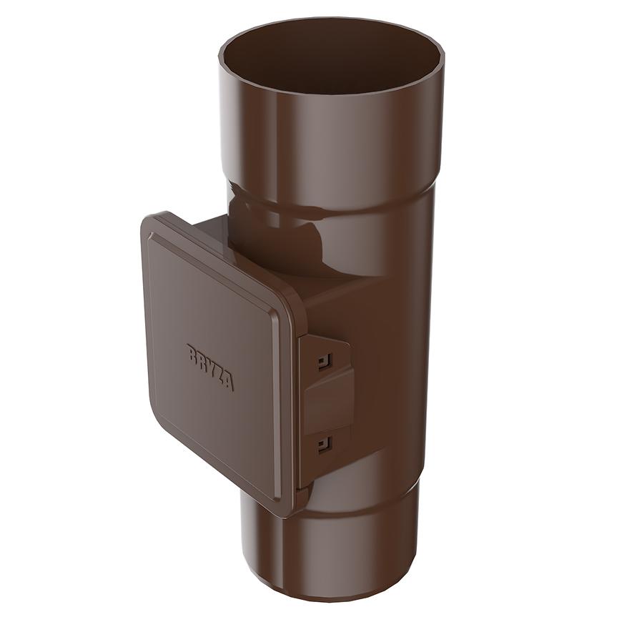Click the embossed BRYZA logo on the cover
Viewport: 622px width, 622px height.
[210, 367]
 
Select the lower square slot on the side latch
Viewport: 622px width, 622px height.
[324, 444]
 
